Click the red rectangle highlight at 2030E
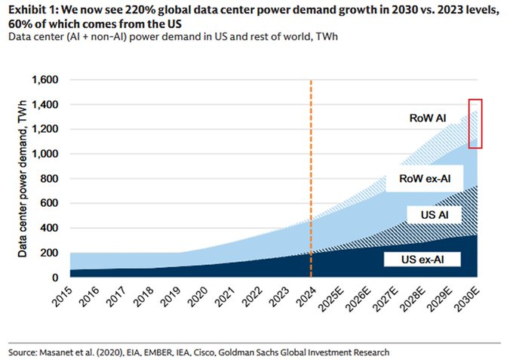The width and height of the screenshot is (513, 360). point(475,123)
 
